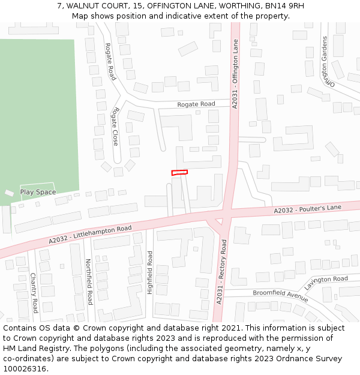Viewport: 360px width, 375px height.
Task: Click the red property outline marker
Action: click(179, 173)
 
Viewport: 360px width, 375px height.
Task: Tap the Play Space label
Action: click(38, 193)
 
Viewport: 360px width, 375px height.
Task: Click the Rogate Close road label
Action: click(115, 127)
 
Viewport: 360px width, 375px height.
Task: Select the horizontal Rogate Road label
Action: click(196, 104)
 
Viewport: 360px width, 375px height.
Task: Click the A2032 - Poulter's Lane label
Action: click(307, 208)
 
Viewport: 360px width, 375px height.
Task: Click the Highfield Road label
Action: click(150, 272)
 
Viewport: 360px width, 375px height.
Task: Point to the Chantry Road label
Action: click(34, 293)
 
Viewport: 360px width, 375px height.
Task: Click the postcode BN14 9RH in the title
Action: click(289, 6)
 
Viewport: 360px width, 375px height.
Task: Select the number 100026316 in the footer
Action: click(25, 369)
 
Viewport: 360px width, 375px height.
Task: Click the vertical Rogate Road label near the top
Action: click(110, 61)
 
